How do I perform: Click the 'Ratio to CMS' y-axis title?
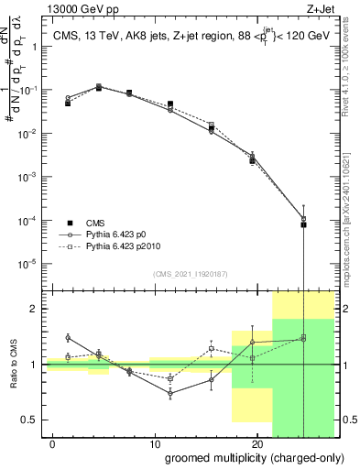click(14, 364)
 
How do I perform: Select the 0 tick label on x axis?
click(54, 442)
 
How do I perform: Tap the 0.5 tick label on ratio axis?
click(30, 420)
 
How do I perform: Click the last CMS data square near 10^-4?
click(303, 224)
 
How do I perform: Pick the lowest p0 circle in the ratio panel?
click(170, 393)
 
